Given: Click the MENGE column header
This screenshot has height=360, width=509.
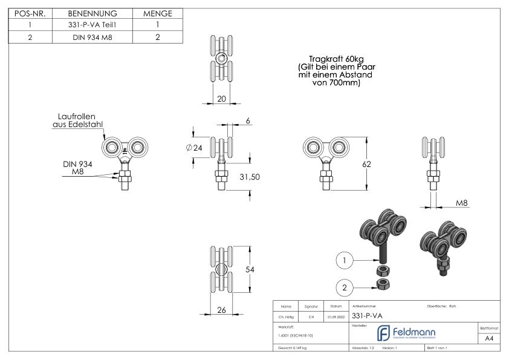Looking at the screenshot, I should pos(157,13).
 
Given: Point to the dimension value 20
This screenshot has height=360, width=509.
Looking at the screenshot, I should pos(221,99).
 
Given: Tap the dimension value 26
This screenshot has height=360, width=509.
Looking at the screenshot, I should pos(221,310).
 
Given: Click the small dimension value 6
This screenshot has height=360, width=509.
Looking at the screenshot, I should pos(248,120).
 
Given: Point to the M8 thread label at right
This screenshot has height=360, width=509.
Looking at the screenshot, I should pos(462,203).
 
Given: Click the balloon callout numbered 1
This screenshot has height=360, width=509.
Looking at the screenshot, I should pos(344,260).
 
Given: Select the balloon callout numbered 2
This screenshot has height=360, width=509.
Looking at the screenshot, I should pos(344,287).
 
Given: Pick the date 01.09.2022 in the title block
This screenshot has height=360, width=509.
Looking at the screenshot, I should pos(336,316).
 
